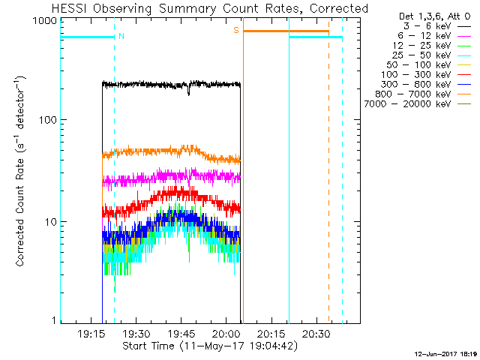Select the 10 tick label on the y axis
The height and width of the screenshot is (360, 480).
coord(51,222)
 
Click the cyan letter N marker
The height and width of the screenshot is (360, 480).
coord(121,35)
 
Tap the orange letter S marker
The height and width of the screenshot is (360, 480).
coord(235,30)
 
